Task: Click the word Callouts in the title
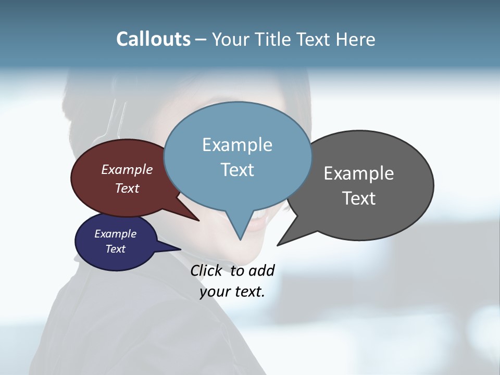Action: (153, 39)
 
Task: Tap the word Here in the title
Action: (356, 39)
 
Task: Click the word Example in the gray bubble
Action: (359, 173)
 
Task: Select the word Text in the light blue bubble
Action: (238, 170)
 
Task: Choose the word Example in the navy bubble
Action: (116, 234)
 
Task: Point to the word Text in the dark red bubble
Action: (127, 188)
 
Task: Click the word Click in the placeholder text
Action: (206, 270)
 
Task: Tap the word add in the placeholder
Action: (261, 270)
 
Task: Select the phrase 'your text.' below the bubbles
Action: (232, 292)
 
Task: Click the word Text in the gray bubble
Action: (359, 198)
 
